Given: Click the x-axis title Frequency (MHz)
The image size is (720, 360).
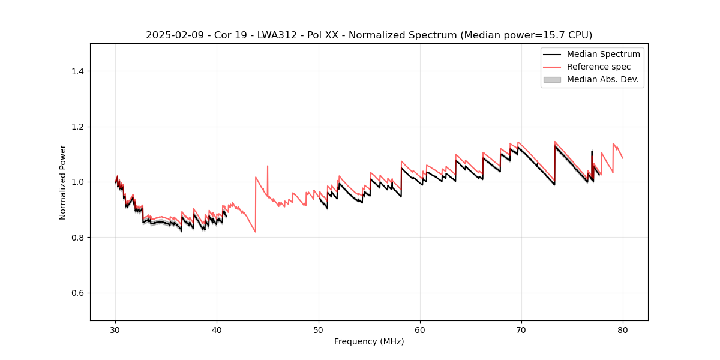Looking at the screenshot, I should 369,341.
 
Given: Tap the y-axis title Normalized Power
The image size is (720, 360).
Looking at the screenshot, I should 63,182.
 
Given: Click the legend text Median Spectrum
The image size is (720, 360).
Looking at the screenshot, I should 603,54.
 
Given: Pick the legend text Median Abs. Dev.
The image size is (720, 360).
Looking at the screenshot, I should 603,79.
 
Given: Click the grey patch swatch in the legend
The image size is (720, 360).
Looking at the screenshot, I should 552,79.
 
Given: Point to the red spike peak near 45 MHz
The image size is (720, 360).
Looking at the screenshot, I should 268,166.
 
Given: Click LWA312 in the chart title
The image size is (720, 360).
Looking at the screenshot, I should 273,35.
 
